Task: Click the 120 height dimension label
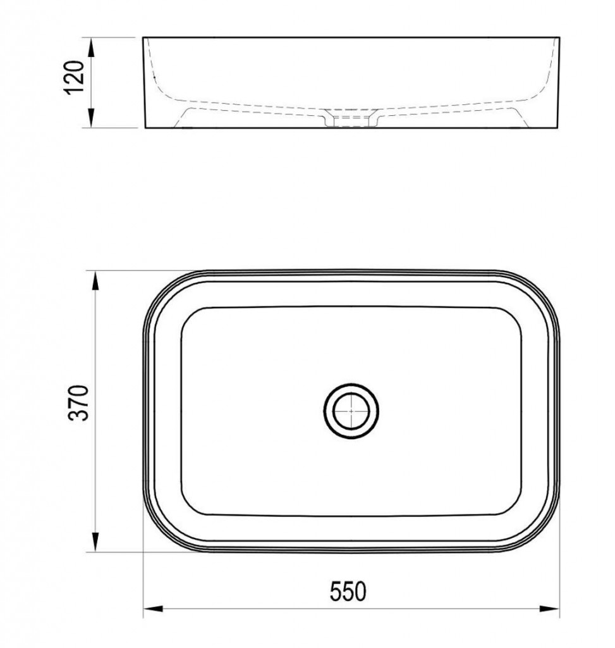click(75, 78)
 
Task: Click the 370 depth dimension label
click(79, 403)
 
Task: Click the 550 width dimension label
click(348, 592)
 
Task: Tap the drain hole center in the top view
click(351, 411)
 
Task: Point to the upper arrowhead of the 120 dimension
click(92, 47)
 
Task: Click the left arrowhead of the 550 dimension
click(153, 609)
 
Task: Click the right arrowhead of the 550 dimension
click(549, 609)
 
